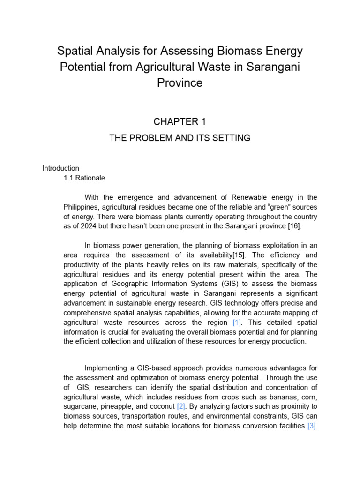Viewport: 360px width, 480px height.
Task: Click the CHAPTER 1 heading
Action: pyautogui.click(x=180, y=122)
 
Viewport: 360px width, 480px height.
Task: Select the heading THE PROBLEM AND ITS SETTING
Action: pyautogui.click(x=180, y=138)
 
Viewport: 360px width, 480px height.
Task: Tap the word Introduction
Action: pyautogui.click(x=61, y=168)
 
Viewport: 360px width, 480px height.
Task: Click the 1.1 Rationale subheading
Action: pyautogui.click(x=84, y=178)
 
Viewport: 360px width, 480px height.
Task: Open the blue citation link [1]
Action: pyautogui.click(x=237, y=322)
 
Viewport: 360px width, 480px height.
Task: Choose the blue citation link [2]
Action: pyautogui.click(x=181, y=406)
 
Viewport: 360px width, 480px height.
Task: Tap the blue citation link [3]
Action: pyautogui.click(x=312, y=426)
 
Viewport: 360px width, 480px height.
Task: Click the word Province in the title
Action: pyautogui.click(x=180, y=83)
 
